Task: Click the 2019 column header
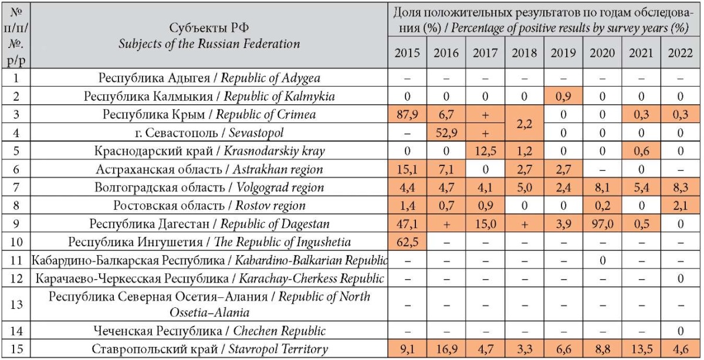pos(563,53)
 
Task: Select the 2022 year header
pos(681,53)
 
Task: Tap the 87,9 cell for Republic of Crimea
pos(407,114)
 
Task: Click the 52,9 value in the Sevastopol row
pos(446,133)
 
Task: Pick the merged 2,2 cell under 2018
pos(524,124)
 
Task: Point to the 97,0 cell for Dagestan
pos(602,223)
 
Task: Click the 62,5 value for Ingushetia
pos(407,242)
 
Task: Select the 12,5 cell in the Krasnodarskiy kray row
pos(485,151)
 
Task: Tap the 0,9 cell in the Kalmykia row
pos(563,96)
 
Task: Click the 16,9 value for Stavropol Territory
pos(446,349)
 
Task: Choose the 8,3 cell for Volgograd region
pos(681,188)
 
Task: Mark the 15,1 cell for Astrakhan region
pos(407,169)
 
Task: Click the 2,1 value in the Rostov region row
pos(681,205)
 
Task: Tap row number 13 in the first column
pos(16,304)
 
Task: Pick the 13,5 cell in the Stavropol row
pos(641,349)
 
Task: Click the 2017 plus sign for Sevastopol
pos(485,133)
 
